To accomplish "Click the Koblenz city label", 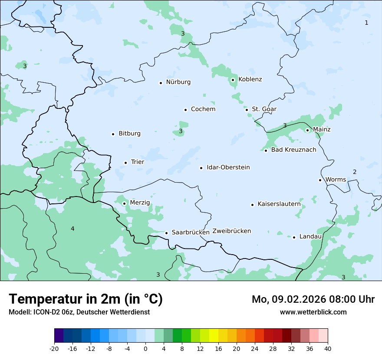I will click(250, 79).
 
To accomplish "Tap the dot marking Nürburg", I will click(161, 83).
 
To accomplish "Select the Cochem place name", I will click(203, 109).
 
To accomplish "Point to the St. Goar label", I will click(264, 109).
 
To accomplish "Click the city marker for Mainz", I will click(307, 130).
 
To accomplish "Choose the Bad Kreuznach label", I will click(293, 150).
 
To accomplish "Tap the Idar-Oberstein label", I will click(228, 167).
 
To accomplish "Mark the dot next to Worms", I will click(320, 180).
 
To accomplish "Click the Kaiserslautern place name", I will click(279, 204).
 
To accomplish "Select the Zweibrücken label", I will click(231, 231).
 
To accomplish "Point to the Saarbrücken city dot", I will click(166, 233).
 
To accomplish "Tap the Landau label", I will click(310, 237).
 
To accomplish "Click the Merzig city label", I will click(140, 203).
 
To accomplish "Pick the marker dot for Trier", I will click(125, 163).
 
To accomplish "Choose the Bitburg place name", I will click(129, 134).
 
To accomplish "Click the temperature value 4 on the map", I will click(72, 229).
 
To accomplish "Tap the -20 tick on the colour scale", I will click(54, 349).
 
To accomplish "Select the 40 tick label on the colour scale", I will click(328, 349).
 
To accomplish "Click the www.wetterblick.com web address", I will click(313, 312).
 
